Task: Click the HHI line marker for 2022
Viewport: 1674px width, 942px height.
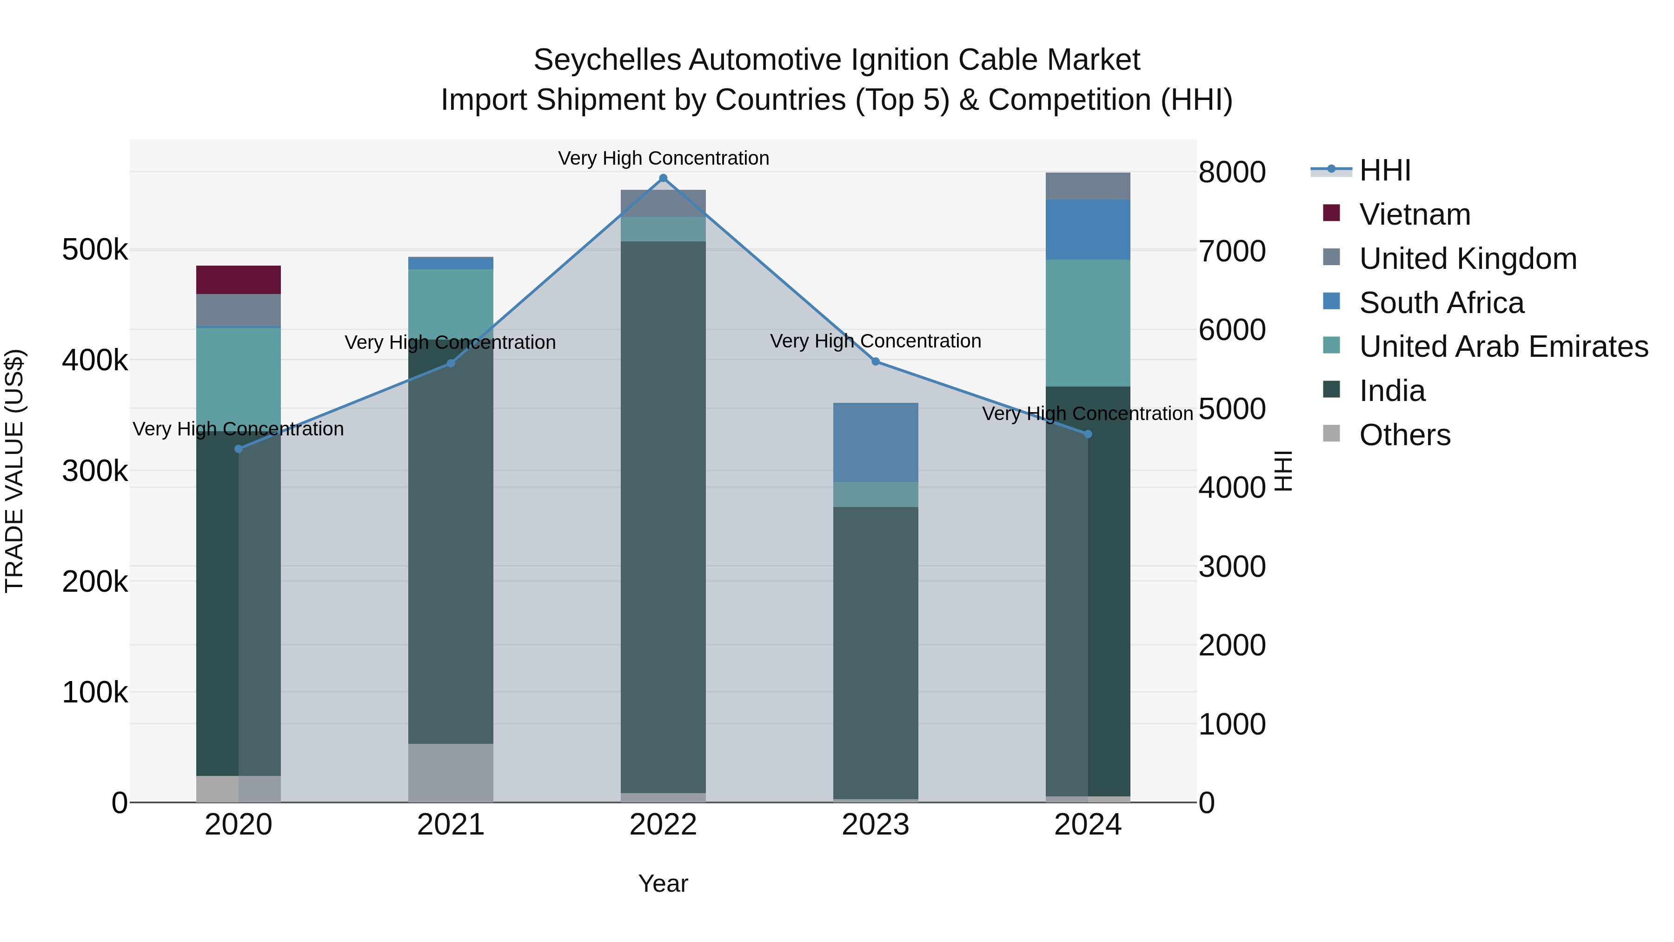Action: click(663, 178)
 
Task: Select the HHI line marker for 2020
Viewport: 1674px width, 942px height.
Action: click(239, 448)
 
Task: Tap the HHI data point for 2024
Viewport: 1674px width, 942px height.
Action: click(1088, 434)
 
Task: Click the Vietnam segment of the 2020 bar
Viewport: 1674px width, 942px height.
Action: click(239, 280)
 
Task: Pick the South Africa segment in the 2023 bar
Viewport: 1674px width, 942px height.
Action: click(875, 442)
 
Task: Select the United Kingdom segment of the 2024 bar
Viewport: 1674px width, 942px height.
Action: click(1088, 186)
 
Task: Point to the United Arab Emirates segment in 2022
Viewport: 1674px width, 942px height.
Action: click(663, 229)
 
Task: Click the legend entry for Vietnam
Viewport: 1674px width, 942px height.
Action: click(1414, 214)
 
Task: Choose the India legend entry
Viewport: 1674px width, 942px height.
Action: click(1391, 391)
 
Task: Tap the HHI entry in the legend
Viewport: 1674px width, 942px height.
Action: click(1384, 170)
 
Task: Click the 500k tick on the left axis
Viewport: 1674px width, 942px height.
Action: click(95, 250)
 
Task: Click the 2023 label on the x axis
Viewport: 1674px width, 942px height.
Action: click(875, 824)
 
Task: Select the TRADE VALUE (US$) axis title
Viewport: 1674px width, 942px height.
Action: click(14, 471)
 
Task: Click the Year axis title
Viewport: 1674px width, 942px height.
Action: click(663, 883)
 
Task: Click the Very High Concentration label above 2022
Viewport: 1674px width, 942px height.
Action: click(663, 158)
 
